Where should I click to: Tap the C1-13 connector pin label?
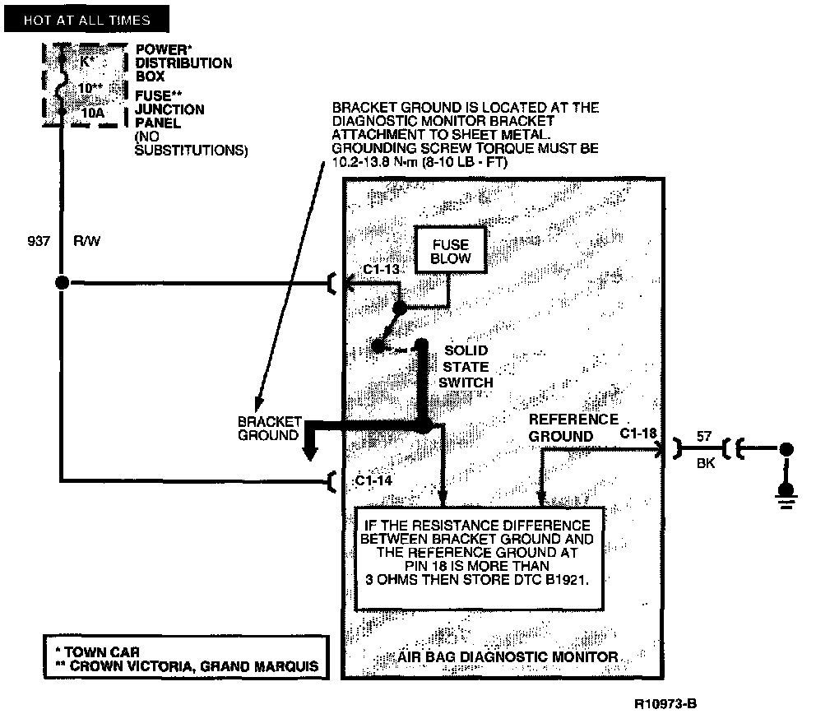(x=380, y=270)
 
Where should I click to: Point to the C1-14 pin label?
(x=375, y=480)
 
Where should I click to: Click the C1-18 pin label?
(x=638, y=433)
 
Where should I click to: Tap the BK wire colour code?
(x=705, y=464)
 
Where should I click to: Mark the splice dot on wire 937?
(x=61, y=283)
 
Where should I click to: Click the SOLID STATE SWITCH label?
(x=466, y=366)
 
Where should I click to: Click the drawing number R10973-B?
(x=667, y=704)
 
